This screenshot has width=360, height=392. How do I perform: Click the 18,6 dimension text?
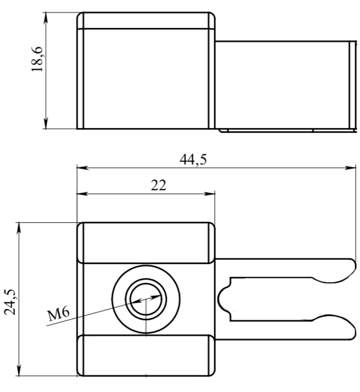pyautogui.click(x=37, y=59)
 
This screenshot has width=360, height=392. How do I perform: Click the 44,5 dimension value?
pyautogui.click(x=193, y=160)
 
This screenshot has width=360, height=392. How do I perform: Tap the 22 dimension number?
pyautogui.click(x=159, y=185)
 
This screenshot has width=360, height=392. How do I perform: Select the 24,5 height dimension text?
pyautogui.click(x=11, y=301)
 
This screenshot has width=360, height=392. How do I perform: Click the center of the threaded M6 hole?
pyautogui.click(x=146, y=299)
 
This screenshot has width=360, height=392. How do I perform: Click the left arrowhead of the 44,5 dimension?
pyautogui.click(x=82, y=168)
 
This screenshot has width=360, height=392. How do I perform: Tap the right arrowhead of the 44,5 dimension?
pyautogui.click(x=350, y=168)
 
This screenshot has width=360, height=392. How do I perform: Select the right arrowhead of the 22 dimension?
pyautogui.click(x=209, y=194)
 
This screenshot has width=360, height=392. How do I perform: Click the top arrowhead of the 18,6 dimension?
pyautogui.click(x=46, y=18)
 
